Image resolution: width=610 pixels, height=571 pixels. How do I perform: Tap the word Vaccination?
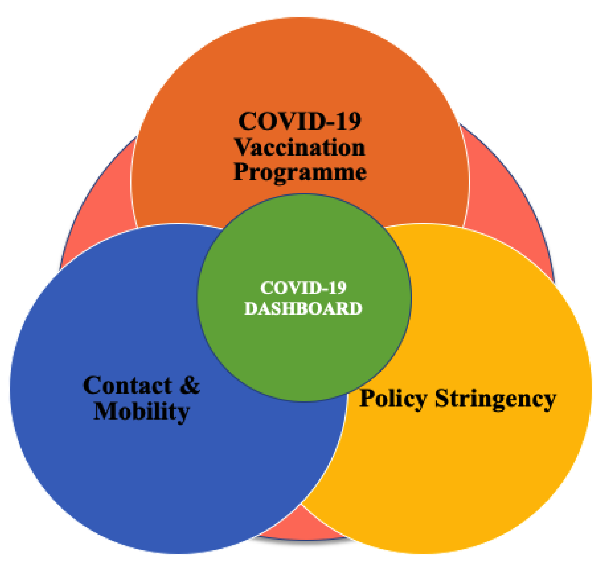[x=300, y=147]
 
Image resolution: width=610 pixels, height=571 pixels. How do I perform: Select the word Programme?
[x=300, y=172]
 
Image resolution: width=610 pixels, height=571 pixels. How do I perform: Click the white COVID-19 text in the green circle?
[x=303, y=288]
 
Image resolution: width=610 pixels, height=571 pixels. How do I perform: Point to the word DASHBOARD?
[x=303, y=309]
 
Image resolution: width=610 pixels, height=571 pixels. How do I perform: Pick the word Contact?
[x=127, y=385]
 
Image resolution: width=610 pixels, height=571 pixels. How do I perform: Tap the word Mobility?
[x=142, y=411]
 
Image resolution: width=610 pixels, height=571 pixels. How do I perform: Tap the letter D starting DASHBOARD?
[x=251, y=309]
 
